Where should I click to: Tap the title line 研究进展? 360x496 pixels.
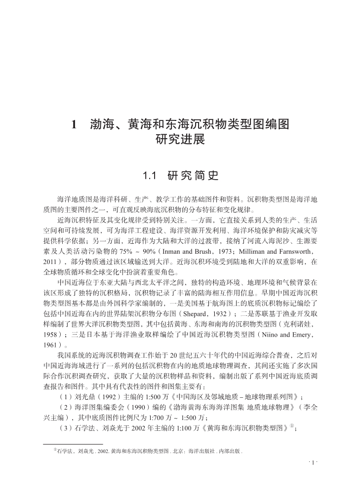[x=180, y=139]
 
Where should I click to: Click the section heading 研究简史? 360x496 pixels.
[x=193, y=175]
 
